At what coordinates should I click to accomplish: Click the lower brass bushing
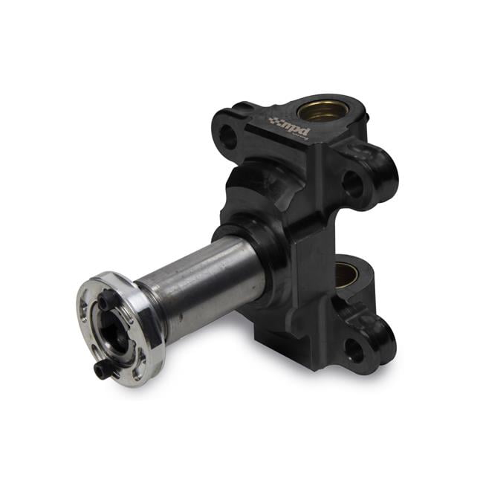tap(347, 273)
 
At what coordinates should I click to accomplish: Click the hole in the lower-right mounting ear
tap(356, 350)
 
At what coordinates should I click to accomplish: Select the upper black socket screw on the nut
tap(108, 300)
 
